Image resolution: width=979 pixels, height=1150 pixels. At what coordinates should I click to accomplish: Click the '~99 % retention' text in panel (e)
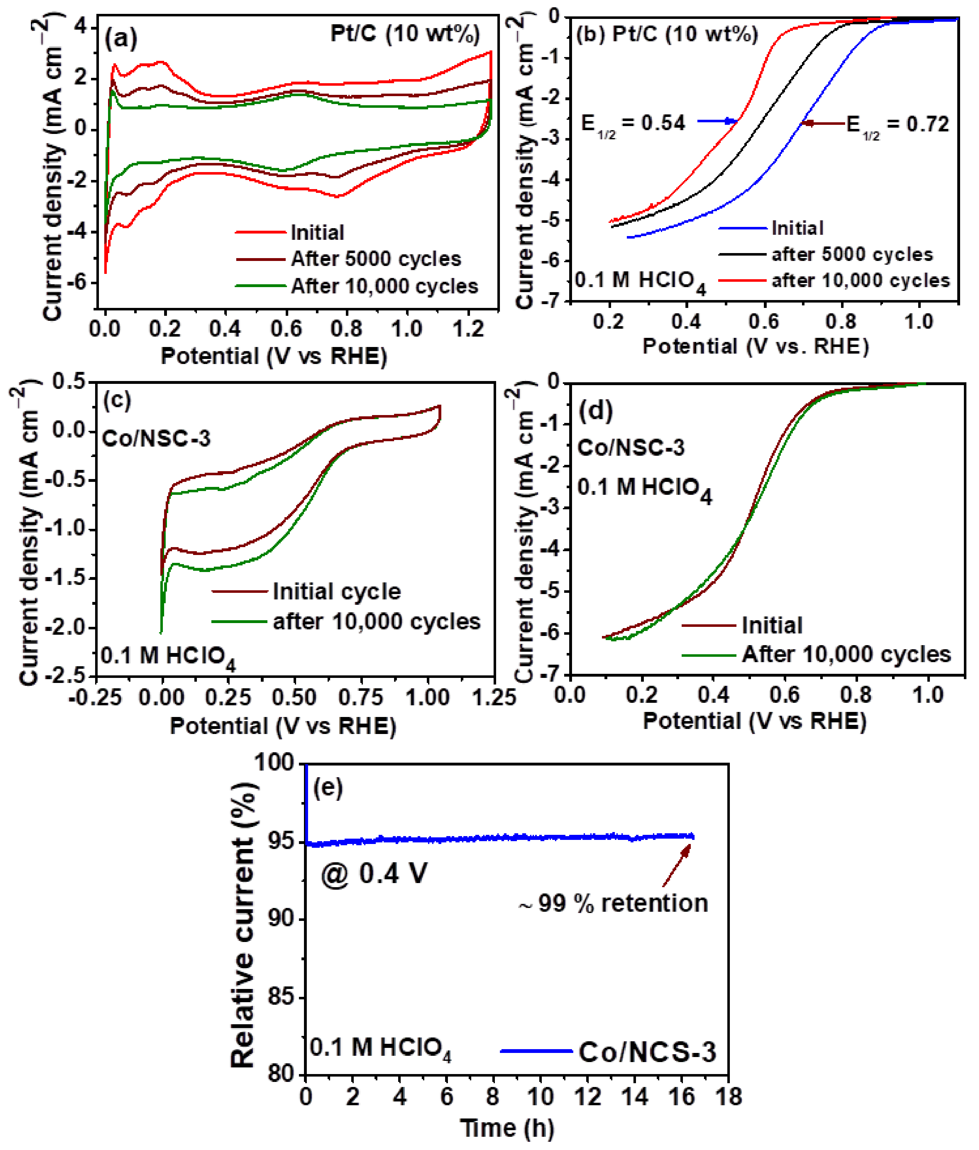tap(613, 903)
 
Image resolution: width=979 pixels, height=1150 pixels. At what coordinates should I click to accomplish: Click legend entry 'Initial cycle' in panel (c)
tap(336, 592)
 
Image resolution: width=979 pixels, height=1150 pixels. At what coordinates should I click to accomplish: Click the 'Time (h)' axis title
tap(507, 1128)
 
